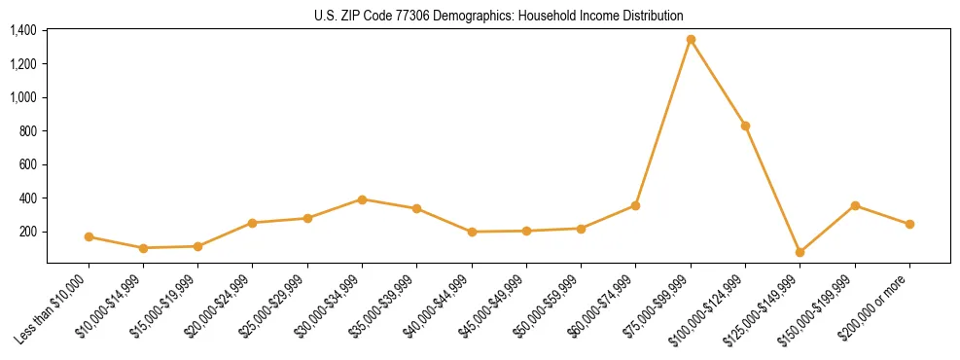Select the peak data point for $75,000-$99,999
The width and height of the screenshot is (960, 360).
(x=691, y=40)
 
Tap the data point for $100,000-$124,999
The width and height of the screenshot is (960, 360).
(x=745, y=126)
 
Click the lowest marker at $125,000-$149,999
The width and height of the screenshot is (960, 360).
(x=800, y=252)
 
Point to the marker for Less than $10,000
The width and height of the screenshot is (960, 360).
(x=89, y=236)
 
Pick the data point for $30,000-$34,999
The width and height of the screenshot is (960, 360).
(x=362, y=199)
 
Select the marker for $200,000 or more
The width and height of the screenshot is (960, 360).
(x=909, y=224)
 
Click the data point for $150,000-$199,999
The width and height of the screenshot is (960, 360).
(x=855, y=205)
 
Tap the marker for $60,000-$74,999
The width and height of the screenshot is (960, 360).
(x=635, y=205)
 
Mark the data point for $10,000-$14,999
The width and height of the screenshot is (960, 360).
(x=143, y=248)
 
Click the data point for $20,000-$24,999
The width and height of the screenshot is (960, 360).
(x=252, y=223)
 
